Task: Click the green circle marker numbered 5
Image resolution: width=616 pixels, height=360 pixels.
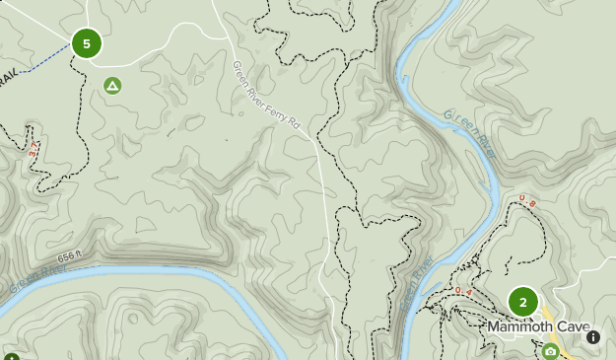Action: (x=87, y=43)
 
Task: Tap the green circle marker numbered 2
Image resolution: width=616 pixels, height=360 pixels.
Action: (x=522, y=302)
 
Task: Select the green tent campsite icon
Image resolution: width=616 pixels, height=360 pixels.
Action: (x=112, y=87)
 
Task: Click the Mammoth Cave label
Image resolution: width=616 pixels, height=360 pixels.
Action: (x=538, y=327)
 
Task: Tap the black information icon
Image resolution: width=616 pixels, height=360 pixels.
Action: (x=593, y=337)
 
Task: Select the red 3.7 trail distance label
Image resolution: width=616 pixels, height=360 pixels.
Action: (x=34, y=151)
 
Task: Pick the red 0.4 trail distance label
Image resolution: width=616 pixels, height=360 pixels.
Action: (x=464, y=291)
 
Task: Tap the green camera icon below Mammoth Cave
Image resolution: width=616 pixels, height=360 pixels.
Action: (x=550, y=351)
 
